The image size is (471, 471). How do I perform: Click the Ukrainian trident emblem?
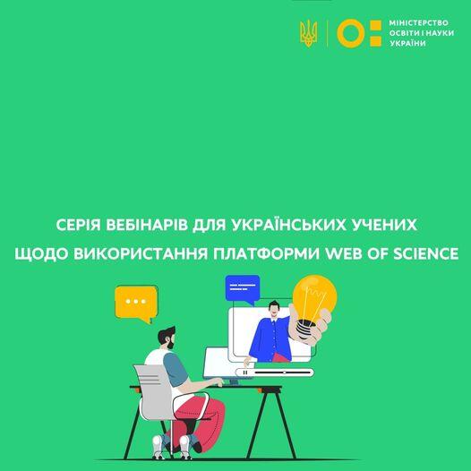pos(309,33)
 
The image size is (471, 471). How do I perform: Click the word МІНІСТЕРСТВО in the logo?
pos(418,22)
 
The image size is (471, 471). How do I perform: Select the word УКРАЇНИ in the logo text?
pos(407,43)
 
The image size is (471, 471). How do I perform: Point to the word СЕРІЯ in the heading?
pos(79,225)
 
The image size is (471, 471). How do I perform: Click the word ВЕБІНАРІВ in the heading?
pos(147,225)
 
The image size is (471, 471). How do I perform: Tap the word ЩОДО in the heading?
pos(41,253)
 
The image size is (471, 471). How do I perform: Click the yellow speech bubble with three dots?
pos(136,304)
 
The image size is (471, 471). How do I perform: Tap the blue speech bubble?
pos(243,289)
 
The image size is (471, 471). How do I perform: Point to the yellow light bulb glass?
pos(314,297)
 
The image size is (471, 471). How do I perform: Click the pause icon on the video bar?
pos(245,373)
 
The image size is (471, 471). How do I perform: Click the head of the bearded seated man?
pos(167,338)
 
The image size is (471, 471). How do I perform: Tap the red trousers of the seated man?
pos(198,421)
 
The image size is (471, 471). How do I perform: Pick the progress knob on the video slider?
pos(284,373)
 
